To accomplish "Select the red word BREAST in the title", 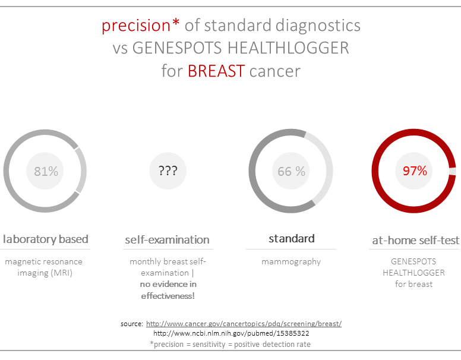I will pyautogui.click(x=216, y=71).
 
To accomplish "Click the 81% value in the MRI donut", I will pyautogui.click(x=46, y=171).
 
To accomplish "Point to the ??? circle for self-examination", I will pyautogui.click(x=168, y=171).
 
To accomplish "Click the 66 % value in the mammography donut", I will pyautogui.click(x=291, y=171).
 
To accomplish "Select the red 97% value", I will pyautogui.click(x=415, y=171).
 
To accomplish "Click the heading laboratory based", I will pyautogui.click(x=46, y=239).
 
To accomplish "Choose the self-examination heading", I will pyautogui.click(x=167, y=240).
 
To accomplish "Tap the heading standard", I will pyautogui.click(x=291, y=239).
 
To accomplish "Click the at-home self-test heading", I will pyautogui.click(x=415, y=241).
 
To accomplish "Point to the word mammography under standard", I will pyautogui.click(x=291, y=261).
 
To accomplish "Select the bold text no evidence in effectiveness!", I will pyautogui.click(x=168, y=289).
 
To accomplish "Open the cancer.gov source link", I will pyautogui.click(x=244, y=324).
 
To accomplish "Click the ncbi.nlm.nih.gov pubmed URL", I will pyautogui.click(x=230, y=333).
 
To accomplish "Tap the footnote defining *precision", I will pyautogui.click(x=230, y=344).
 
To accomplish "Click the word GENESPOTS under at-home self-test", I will pyautogui.click(x=414, y=261).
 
